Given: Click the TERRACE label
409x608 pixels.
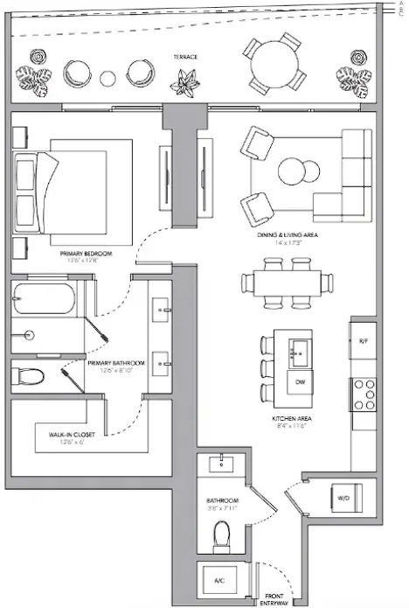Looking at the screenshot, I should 185,57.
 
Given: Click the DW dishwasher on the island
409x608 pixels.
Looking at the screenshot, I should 300,382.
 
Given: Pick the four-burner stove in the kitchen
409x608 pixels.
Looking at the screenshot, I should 364,395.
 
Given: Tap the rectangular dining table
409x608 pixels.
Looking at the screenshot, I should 289,283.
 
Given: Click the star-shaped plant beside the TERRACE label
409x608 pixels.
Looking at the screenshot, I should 185,85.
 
